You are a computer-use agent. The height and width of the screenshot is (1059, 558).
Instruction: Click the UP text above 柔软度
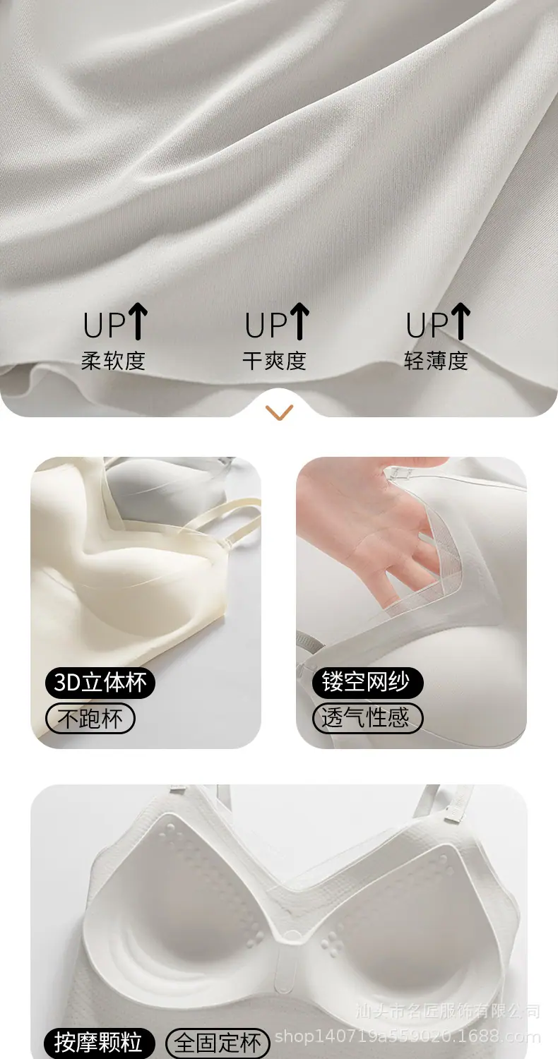click(105, 325)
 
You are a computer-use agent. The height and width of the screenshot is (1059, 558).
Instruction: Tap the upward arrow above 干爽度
click(299, 321)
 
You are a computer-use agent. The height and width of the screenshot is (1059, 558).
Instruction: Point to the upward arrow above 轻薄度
click(461, 321)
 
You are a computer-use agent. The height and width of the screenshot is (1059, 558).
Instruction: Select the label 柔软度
click(113, 361)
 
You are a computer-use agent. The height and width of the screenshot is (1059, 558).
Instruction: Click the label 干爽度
click(274, 361)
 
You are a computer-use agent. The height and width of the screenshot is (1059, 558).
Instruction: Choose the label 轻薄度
click(436, 361)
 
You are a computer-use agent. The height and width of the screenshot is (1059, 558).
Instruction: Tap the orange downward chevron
click(279, 412)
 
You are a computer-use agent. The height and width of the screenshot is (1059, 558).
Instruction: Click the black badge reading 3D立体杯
click(100, 683)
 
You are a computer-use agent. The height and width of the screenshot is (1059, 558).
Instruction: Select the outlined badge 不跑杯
click(90, 718)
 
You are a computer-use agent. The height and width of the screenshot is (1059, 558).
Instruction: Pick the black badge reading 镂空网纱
click(367, 682)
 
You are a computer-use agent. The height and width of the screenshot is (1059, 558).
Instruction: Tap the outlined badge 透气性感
click(367, 718)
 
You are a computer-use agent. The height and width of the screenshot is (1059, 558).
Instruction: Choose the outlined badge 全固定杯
click(218, 1043)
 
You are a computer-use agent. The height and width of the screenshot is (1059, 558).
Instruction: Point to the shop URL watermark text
click(408, 1036)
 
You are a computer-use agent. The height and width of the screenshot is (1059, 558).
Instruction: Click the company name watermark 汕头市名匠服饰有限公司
click(448, 1010)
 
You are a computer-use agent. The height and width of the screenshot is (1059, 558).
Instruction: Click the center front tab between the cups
click(285, 969)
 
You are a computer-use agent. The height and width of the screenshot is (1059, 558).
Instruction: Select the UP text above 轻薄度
click(427, 325)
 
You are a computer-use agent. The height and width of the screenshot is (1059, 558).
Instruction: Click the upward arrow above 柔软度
click(138, 321)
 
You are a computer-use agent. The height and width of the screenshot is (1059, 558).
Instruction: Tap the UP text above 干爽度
click(266, 325)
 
